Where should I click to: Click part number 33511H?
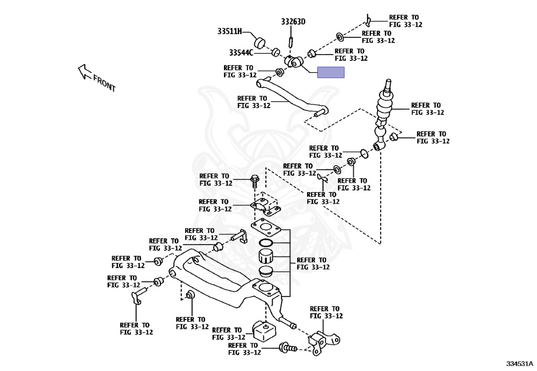point(230,31)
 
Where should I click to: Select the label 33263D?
point(293,22)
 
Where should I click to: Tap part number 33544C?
point(241,52)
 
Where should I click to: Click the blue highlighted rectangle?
point(330,72)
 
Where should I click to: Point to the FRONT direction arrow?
point(84,71)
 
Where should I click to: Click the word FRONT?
point(105,83)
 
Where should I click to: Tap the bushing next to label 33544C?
point(275,52)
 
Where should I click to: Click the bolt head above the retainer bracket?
point(255,181)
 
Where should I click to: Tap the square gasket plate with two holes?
point(265,227)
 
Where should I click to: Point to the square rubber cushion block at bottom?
point(264,330)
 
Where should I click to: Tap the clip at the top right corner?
point(370,20)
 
